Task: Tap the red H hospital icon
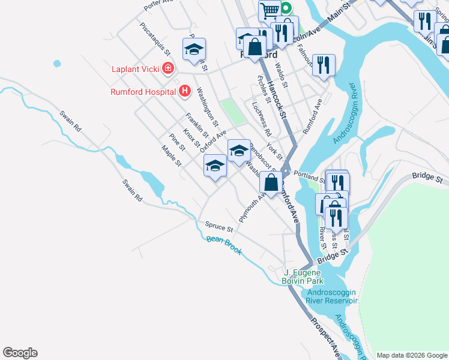tap(185, 91)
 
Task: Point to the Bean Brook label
tap(224, 246)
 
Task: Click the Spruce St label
tap(218, 227)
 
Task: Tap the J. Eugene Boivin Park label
tap(303, 276)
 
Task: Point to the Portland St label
tap(309, 178)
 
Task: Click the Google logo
tap(20, 353)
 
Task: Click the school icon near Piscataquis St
tap(194, 49)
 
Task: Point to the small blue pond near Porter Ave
tap(57, 63)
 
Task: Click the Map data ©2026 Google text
tap(412, 355)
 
